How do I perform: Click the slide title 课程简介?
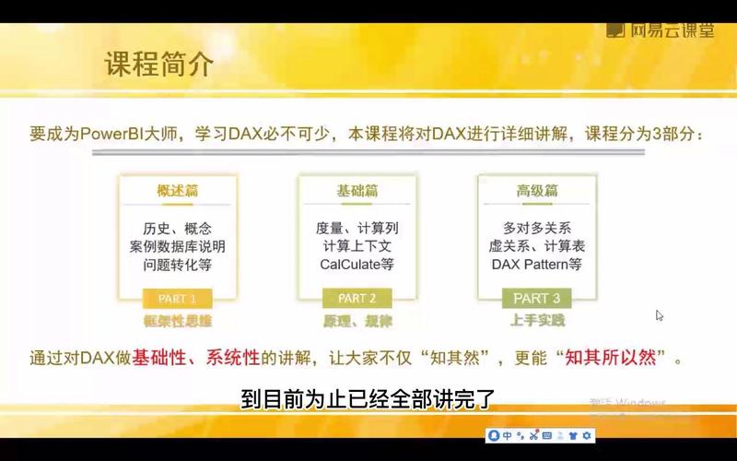point(158,65)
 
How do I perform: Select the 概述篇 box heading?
point(177,191)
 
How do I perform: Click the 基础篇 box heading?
point(357,191)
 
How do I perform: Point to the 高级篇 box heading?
point(536,191)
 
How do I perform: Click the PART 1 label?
point(177,298)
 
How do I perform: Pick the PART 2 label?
point(357,298)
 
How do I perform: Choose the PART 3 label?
point(536,298)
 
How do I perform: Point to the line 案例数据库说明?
point(177,246)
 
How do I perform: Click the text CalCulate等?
point(357,265)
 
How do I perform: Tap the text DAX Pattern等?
point(536,265)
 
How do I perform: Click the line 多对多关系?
point(536,228)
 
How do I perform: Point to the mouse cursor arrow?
point(659,314)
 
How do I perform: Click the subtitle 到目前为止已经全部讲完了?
point(368,400)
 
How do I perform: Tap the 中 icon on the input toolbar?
point(508,435)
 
